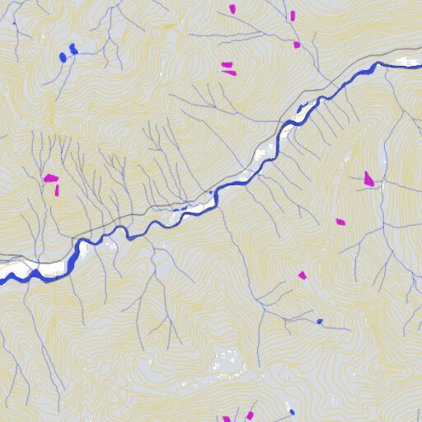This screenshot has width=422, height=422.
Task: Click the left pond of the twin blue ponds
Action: (63, 57)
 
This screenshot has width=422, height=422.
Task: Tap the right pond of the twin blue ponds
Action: (74, 49)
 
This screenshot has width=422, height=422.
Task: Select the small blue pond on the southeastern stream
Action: (320, 321)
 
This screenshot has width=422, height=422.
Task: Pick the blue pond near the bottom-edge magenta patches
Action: (291, 411)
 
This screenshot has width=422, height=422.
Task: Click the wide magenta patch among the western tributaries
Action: (50, 177)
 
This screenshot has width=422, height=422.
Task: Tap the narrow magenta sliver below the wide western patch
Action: (58, 190)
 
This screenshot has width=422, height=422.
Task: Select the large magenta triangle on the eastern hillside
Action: (368, 178)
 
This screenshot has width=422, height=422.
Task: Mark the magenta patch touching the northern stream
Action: (297, 45)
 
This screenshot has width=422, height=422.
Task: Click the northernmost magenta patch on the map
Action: (232, 9)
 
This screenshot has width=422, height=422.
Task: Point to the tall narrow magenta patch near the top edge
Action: (292, 15)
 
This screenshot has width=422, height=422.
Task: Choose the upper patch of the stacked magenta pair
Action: (226, 64)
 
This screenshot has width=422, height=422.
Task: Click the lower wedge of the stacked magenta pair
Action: (229, 73)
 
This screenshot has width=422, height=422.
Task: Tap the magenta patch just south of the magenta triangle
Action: (340, 222)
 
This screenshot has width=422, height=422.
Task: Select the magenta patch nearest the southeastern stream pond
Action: (302, 275)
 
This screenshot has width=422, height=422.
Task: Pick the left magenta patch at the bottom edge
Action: (227, 419)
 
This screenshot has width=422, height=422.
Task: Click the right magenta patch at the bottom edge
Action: (250, 415)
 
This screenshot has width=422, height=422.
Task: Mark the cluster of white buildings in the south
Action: (224, 363)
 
